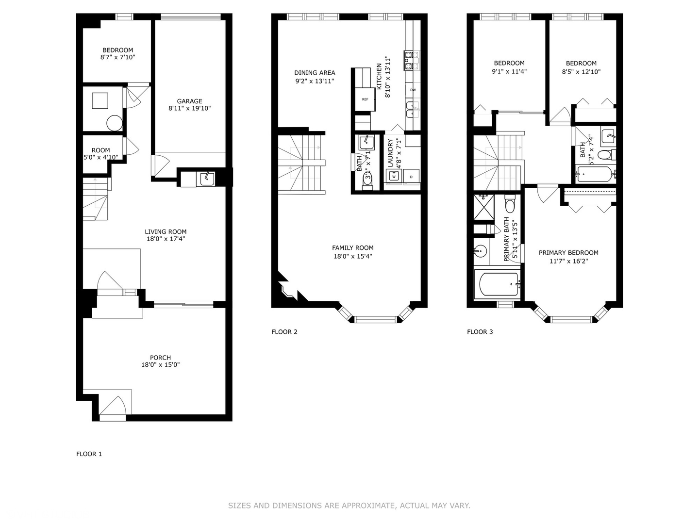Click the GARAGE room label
coord(189,101)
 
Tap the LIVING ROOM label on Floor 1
coord(166,232)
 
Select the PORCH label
coord(160,358)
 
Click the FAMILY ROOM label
coord(352,248)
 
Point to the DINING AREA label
coord(315,73)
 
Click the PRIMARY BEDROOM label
coord(568,253)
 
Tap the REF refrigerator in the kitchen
coord(365,99)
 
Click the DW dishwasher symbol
coord(413,90)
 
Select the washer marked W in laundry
coord(393,176)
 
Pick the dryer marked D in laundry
coord(411,176)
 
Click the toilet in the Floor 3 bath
coord(604,155)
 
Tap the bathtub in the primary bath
coord(499,285)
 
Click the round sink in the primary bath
coord(480,251)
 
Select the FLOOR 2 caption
coord(284,332)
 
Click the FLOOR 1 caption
coord(89,454)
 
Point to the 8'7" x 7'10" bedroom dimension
coord(117,57)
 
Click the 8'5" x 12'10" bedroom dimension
coord(581,72)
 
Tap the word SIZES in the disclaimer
coord(240,506)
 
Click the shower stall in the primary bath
coord(483,206)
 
